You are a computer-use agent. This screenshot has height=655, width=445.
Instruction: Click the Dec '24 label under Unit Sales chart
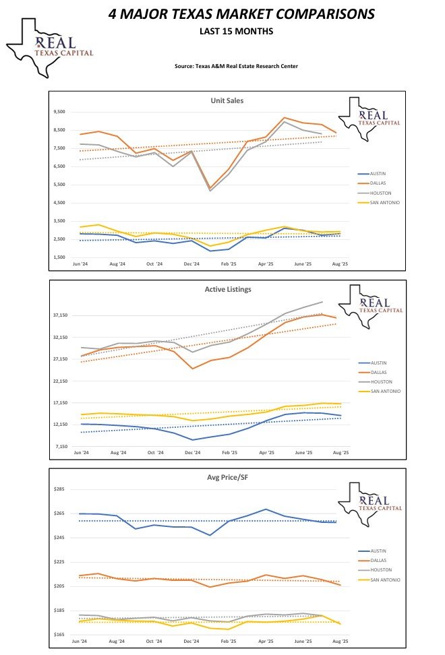(191, 264)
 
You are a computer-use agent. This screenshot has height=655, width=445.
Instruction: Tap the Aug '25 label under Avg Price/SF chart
(340, 642)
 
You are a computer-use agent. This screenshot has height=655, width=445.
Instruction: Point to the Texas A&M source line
(235, 66)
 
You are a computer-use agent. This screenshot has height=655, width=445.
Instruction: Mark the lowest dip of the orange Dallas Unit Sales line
(210, 188)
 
